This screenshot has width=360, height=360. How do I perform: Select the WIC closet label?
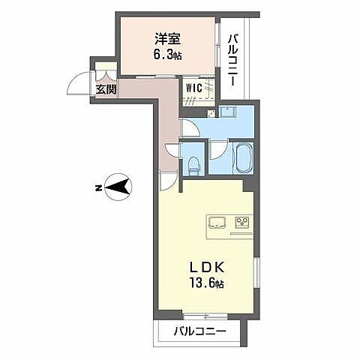pyautogui.click(x=193, y=86)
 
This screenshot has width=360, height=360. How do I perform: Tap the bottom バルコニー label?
pyautogui.click(x=201, y=331)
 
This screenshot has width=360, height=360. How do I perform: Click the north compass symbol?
pyautogui.click(x=118, y=187)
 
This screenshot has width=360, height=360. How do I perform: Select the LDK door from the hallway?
pyautogui.click(x=166, y=181)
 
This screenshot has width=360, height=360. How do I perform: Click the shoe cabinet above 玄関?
pyautogui.click(x=103, y=73)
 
